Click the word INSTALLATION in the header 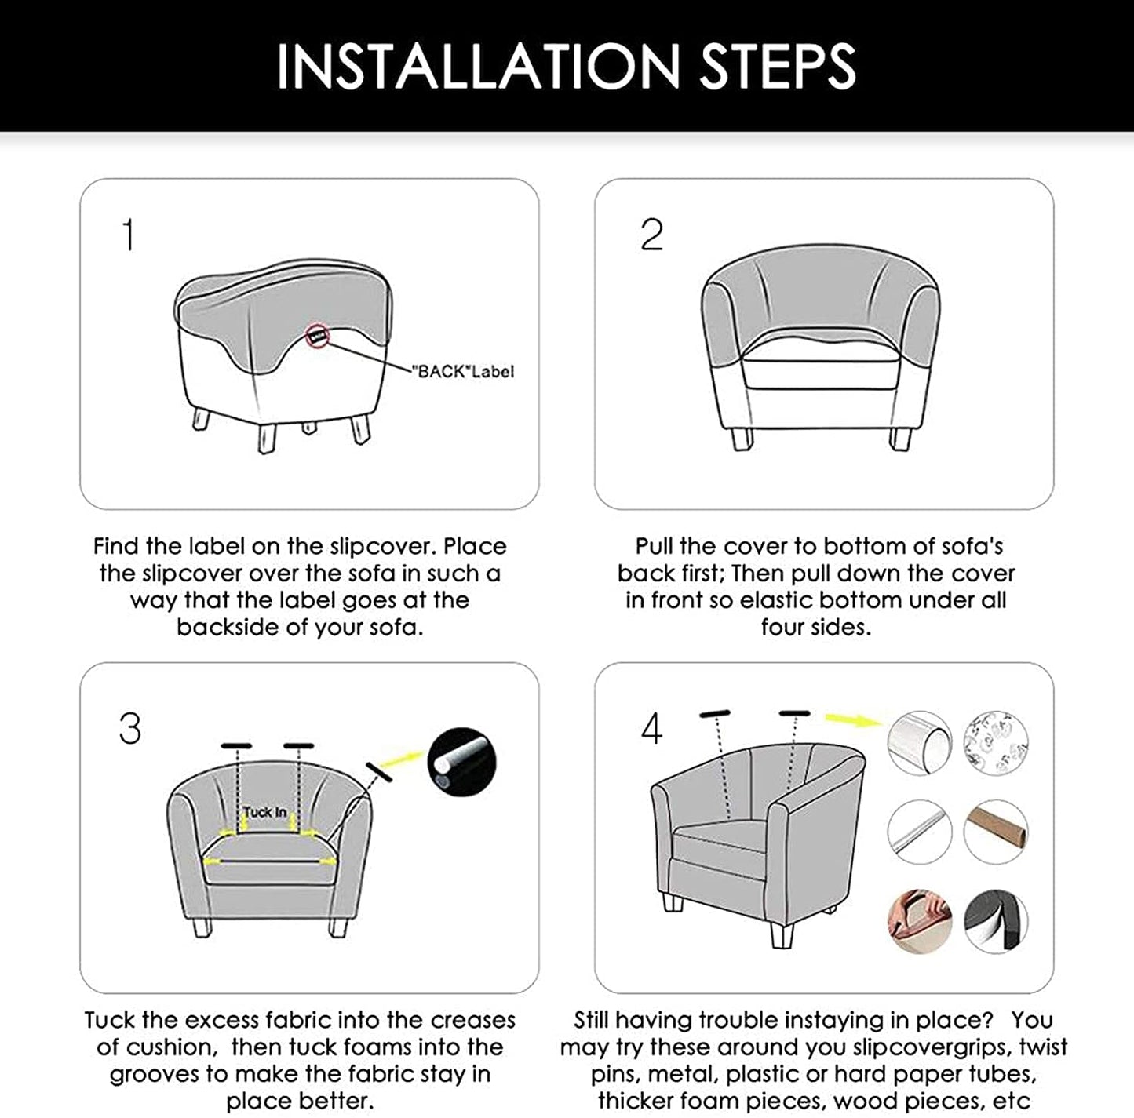tap(477, 67)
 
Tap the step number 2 tap(651, 235)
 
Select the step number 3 tap(130, 729)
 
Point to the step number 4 tap(651, 729)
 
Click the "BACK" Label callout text tap(463, 372)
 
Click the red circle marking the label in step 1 tap(317, 337)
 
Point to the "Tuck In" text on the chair tap(264, 812)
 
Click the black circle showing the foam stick tap(462, 762)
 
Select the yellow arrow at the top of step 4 tap(851, 720)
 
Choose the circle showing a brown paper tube tap(996, 832)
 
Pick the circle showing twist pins tap(996, 742)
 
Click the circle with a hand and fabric tap(919, 921)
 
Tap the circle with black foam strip tap(996, 921)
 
